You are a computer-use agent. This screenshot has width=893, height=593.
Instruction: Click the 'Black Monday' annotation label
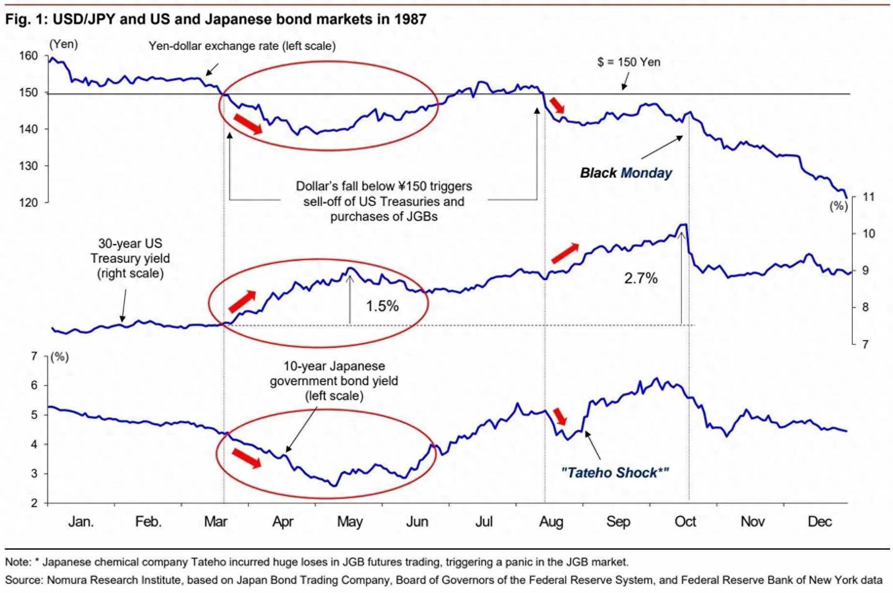pyautogui.click(x=626, y=173)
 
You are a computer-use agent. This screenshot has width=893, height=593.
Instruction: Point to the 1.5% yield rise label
pyautogui.click(x=382, y=306)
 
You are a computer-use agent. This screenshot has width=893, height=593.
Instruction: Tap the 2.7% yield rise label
pyautogui.click(x=640, y=278)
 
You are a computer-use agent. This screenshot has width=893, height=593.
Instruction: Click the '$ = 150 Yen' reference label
pyautogui.click(x=629, y=62)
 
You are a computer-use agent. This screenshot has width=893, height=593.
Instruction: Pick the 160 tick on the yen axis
pyautogui.click(x=28, y=56)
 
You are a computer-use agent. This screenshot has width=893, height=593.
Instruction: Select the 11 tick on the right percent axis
pyautogui.click(x=868, y=197)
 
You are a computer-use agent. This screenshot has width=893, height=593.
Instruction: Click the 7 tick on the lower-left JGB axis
pyautogui.click(x=34, y=356)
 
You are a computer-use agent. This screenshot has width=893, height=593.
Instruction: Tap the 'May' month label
pyautogui.click(x=349, y=521)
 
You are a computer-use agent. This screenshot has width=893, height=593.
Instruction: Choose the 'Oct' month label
pyautogui.click(x=685, y=521)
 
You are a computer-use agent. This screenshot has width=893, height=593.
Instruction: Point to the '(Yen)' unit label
pyautogui.click(x=63, y=44)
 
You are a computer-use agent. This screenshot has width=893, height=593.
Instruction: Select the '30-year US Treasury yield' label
pyautogui.click(x=130, y=258)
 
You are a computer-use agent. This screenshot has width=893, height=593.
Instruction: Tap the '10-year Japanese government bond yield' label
pyautogui.click(x=334, y=381)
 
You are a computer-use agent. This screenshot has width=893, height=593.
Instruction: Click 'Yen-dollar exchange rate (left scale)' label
pyautogui.click(x=242, y=46)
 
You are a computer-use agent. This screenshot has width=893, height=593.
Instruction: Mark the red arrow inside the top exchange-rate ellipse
pyautogui.click(x=248, y=124)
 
